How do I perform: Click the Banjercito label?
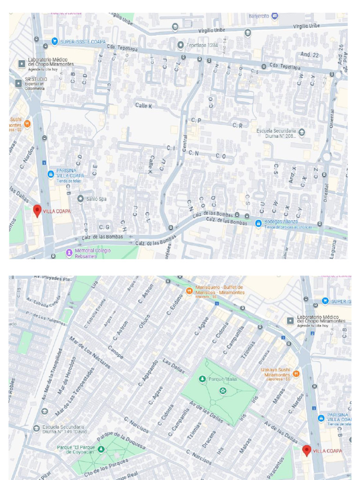coord(259,16)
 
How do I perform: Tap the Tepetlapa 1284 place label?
coord(202,45)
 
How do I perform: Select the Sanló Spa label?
coord(96,199)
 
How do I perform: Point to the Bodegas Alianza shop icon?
coord(258,224)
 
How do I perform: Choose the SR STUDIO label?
coord(36,80)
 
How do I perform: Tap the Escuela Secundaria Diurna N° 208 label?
coord(276,133)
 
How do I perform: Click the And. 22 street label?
coord(309,55)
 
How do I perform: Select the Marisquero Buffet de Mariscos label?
coord(220,290)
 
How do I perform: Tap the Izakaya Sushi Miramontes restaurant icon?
coord(296,375)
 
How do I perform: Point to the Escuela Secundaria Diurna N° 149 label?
coord(63,429)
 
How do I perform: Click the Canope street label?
coord(116,352)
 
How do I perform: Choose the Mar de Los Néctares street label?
coord(90,352)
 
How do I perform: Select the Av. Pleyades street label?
coord(51,278)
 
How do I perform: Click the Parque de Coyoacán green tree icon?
coord(101,449)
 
